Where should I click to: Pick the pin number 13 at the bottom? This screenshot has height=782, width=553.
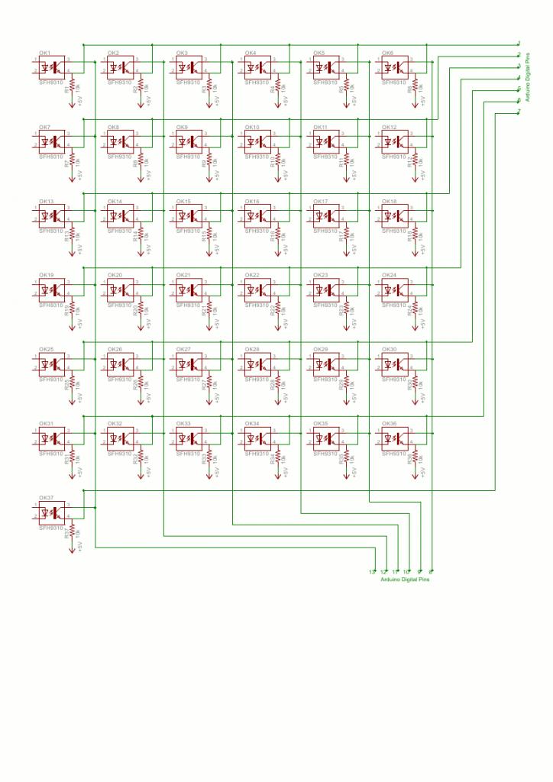[372, 572]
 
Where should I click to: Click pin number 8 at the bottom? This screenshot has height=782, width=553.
[432, 572]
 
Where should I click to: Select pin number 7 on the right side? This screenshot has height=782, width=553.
[519, 111]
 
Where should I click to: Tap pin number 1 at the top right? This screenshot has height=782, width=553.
[519, 44]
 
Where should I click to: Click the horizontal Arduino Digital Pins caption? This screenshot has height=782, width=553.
[405, 580]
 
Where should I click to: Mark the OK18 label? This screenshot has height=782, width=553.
[389, 201]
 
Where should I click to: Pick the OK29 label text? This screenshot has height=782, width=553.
[321, 349]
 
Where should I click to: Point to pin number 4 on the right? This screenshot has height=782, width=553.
[519, 78]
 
